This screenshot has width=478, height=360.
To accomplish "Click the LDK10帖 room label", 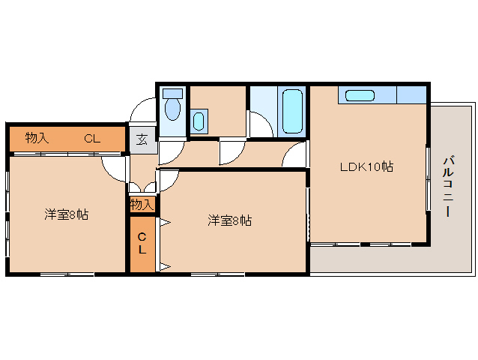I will (x=367, y=166).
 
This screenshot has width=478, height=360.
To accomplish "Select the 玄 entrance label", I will (x=142, y=139).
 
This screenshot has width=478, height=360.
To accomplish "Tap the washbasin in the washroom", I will (x=199, y=120).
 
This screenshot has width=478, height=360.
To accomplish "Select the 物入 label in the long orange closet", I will (x=37, y=138).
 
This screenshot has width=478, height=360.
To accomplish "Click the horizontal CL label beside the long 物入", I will (x=91, y=138).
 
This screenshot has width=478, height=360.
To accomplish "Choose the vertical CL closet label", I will (x=142, y=244).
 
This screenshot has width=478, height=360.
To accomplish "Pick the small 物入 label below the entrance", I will (x=142, y=204).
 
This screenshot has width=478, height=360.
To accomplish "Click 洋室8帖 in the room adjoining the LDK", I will (x=230, y=220).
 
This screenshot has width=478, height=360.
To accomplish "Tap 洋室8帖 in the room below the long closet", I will (x=66, y=215).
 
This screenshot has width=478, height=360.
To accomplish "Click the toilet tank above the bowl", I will (x=172, y=94).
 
